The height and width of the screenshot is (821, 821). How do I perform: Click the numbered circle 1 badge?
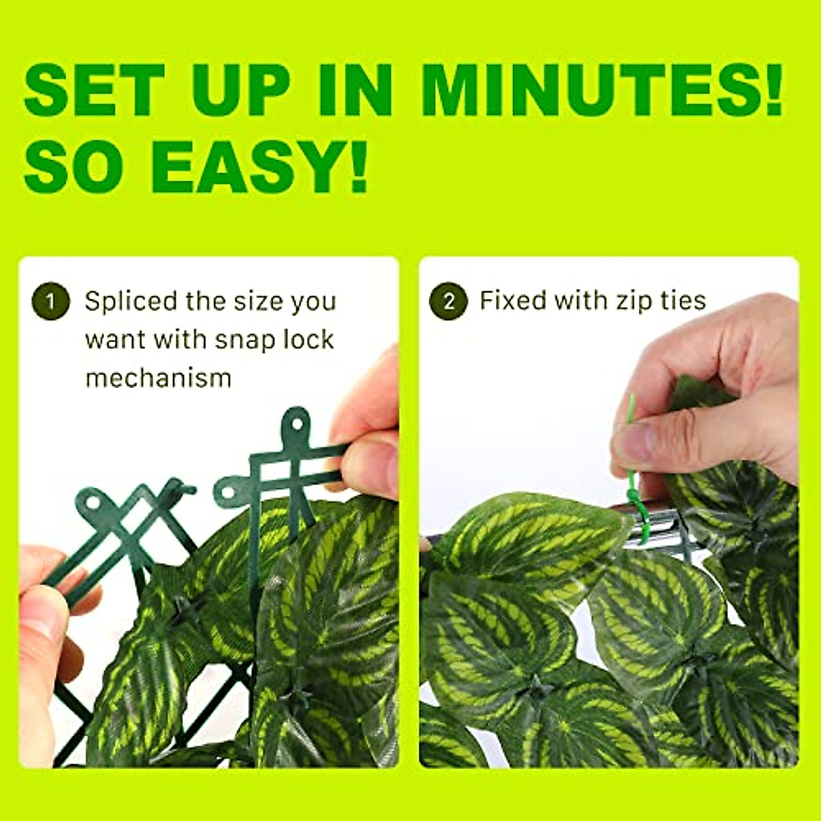click(x=50, y=301)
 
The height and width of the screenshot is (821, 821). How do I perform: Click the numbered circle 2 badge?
click(x=448, y=301)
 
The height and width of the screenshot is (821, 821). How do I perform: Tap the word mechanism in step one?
click(x=159, y=378)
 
